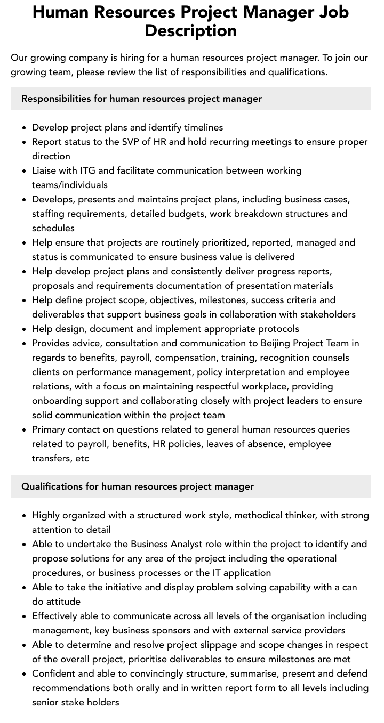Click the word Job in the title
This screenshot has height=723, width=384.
(332, 12)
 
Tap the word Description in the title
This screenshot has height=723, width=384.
(190, 30)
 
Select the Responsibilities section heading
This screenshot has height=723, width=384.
(141, 99)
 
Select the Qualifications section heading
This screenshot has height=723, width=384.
(138, 486)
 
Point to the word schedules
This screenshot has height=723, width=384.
(53, 228)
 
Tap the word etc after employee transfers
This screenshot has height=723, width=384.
(82, 458)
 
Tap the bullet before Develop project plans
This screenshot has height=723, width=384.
(25, 128)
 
